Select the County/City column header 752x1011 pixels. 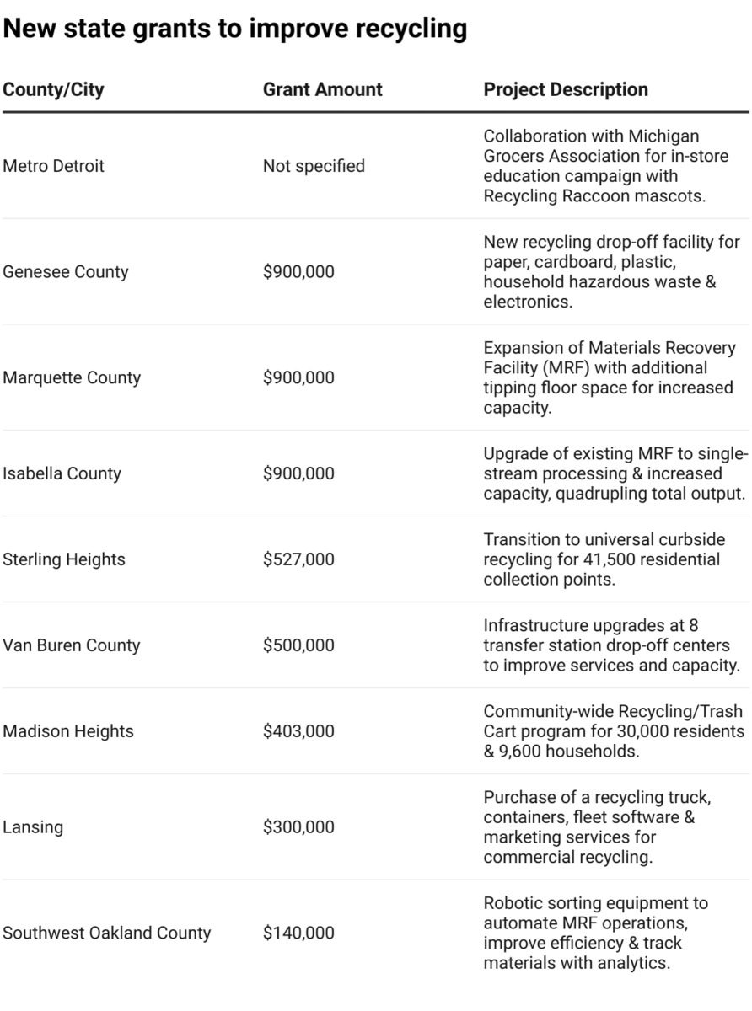tap(54, 89)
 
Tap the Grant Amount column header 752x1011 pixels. tap(323, 89)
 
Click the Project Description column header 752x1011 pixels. tap(566, 89)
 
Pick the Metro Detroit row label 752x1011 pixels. tap(54, 166)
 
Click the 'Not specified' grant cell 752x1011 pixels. tap(314, 166)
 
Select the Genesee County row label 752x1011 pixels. tap(66, 271)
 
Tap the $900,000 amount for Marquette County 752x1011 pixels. tap(298, 377)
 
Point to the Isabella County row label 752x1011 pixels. tap(62, 473)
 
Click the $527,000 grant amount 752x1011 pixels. tap(298, 559)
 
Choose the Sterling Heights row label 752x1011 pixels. tap(64, 559)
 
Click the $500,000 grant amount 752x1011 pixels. tap(298, 645)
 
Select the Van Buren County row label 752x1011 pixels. tap(72, 645)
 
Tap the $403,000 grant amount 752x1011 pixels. tap(298, 731)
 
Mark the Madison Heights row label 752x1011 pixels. tap(68, 731)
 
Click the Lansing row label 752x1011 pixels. tap(33, 827)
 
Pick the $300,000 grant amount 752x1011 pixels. tap(298, 827)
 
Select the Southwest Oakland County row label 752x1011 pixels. tap(107, 933)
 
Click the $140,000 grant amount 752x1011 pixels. tap(298, 933)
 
